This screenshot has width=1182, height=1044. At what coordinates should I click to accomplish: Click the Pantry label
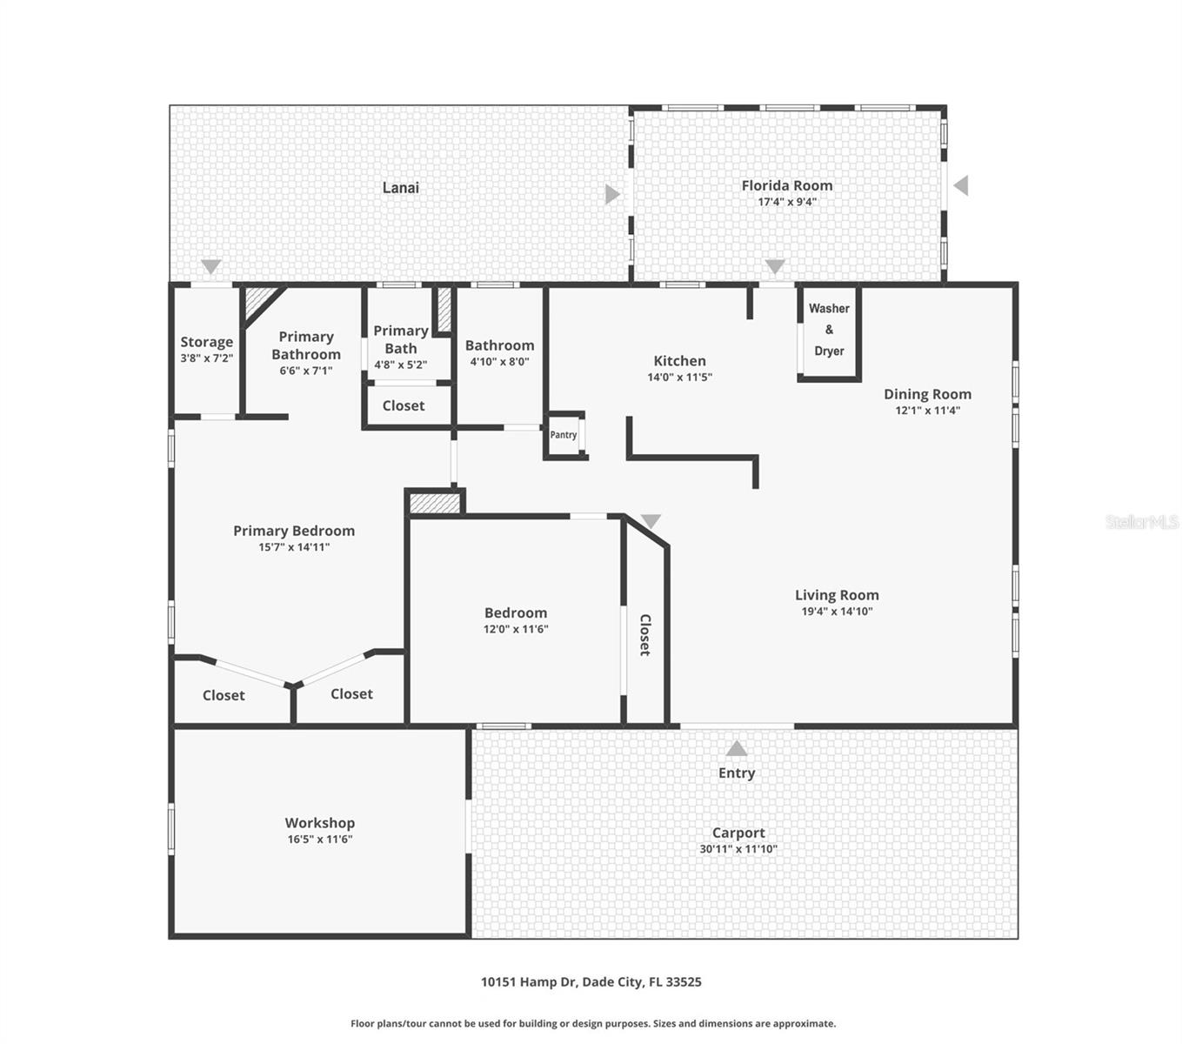click(x=563, y=435)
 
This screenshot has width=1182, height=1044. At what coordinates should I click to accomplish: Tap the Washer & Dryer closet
click(x=829, y=330)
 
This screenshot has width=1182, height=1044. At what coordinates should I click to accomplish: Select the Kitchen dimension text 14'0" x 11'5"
click(x=679, y=378)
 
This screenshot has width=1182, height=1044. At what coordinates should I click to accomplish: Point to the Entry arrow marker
click(x=737, y=749)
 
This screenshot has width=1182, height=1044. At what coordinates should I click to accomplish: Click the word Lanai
click(x=400, y=187)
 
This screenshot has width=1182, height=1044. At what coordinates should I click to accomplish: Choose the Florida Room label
click(x=786, y=185)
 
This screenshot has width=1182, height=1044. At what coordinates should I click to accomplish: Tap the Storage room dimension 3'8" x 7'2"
click(x=206, y=358)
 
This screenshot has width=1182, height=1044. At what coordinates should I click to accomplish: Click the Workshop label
click(x=319, y=823)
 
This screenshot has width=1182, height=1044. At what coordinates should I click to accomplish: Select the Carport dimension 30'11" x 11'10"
click(x=738, y=849)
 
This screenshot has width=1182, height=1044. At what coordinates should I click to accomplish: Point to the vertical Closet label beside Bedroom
click(x=644, y=634)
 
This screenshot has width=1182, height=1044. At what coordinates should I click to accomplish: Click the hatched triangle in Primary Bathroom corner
click(x=258, y=302)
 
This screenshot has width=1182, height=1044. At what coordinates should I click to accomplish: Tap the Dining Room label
click(x=927, y=394)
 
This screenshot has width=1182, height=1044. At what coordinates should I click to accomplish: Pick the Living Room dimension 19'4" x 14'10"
click(x=837, y=612)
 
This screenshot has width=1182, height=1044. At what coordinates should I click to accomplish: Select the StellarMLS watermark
click(x=1141, y=522)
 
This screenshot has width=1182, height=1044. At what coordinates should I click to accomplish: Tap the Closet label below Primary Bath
click(x=404, y=405)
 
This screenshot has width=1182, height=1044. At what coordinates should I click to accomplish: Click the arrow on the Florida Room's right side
click(x=960, y=185)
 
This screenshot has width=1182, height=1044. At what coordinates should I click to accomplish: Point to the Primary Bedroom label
click(x=293, y=531)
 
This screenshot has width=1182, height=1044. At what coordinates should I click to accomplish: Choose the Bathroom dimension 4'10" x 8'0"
click(x=499, y=362)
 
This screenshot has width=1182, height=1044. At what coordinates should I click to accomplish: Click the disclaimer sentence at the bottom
click(x=592, y=1024)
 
